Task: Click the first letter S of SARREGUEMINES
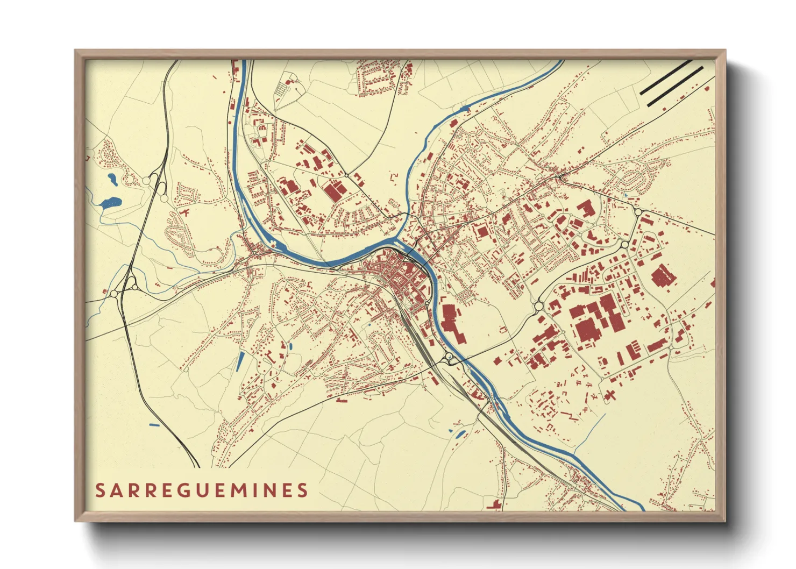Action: coord(100,490)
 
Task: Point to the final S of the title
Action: coord(303,490)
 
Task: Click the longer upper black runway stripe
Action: coord(665,77)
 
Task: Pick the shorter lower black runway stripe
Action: coord(675,86)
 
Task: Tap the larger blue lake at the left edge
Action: coord(111,202)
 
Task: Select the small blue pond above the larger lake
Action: coord(112,178)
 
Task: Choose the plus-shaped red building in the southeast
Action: coord(609,396)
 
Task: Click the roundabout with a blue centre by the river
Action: coord(449,357)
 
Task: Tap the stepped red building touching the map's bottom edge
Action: coord(494,504)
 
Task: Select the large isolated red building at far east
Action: coord(663,276)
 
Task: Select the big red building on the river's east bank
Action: coord(450,320)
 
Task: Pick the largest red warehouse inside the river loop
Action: coord(335,190)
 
